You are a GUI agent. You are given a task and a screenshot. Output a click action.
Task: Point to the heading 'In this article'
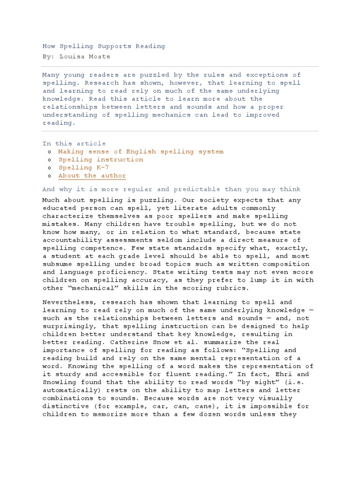(74, 143)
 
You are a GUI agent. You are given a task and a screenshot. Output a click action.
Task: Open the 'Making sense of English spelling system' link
(141, 151)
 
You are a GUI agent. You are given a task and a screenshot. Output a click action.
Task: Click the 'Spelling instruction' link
(101, 159)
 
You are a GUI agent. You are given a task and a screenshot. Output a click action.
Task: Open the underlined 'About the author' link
(92, 176)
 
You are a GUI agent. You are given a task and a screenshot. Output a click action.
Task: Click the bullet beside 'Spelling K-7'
(50, 168)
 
